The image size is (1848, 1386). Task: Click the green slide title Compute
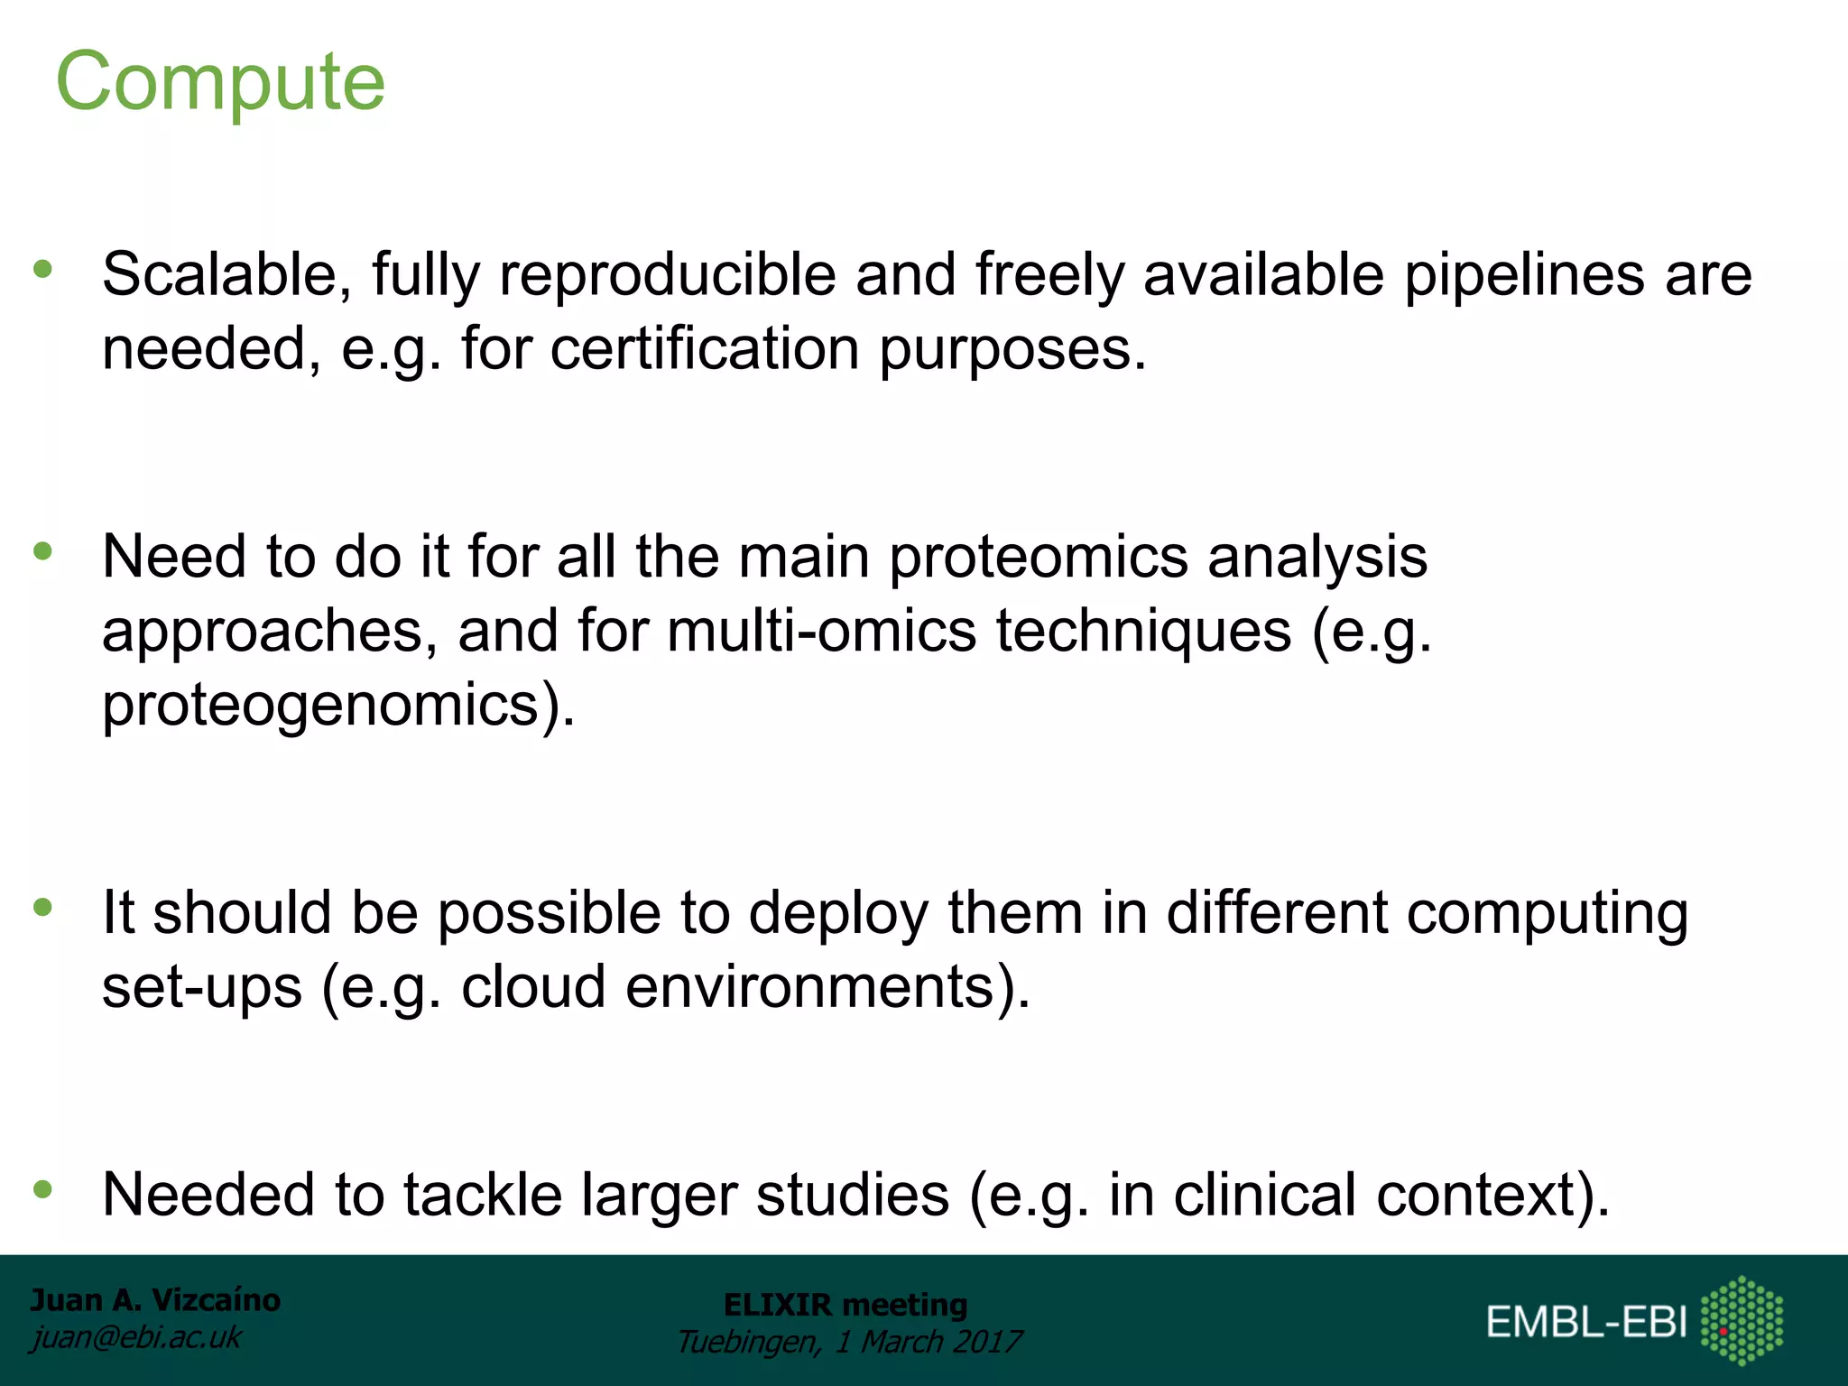point(220,82)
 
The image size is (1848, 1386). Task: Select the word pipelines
point(1524,276)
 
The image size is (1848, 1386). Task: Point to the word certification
point(704,349)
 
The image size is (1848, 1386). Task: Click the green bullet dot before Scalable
point(42,268)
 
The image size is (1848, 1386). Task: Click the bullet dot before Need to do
point(42,550)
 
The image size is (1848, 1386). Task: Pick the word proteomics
point(1039,557)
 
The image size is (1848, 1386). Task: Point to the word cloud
point(533,986)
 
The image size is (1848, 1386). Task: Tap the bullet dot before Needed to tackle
point(42,1189)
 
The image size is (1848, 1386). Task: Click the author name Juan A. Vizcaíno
point(155,1300)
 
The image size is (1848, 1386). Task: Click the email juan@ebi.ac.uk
point(136,1337)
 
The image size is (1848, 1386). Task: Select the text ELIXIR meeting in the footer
point(845,1305)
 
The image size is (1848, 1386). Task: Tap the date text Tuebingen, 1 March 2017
point(848,1342)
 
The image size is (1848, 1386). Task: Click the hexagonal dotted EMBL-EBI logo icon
point(1742,1320)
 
